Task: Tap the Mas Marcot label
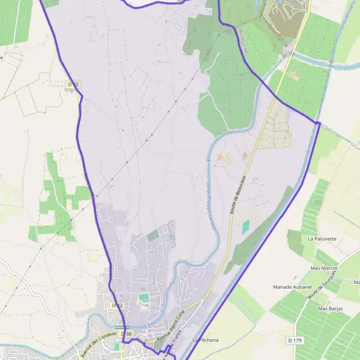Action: click(x=324, y=268)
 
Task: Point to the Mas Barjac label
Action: click(x=331, y=308)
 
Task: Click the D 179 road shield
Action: click(x=294, y=340)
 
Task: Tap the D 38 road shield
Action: click(x=125, y=333)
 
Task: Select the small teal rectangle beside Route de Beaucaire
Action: click(x=245, y=226)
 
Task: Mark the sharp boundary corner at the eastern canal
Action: click(x=318, y=122)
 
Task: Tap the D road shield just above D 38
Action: click(x=117, y=305)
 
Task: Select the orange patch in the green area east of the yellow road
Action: click(x=293, y=76)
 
